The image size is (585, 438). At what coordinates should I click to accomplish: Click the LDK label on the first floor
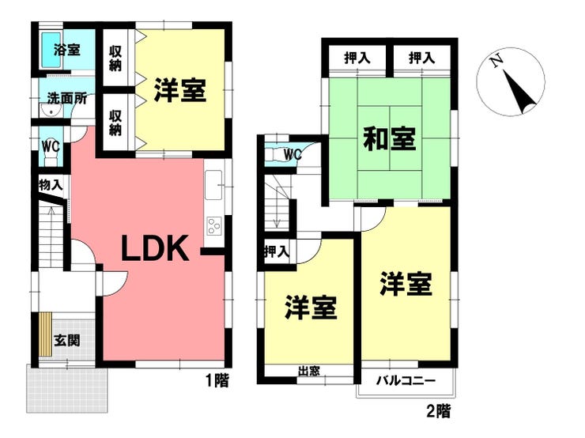155,248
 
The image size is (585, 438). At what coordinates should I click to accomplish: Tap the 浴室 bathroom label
66,50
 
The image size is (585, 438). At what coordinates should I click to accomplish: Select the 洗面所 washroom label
66,99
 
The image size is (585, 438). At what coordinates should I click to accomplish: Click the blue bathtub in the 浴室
51,50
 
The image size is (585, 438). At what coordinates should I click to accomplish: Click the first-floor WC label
51,146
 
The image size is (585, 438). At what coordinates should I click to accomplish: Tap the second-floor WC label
292,154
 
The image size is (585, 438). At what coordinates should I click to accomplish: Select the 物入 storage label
51,185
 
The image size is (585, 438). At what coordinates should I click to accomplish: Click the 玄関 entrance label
66,340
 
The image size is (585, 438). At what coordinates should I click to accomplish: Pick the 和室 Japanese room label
389,139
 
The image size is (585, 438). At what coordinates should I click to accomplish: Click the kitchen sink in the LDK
213,185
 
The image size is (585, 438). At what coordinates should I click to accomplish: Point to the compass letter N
496,61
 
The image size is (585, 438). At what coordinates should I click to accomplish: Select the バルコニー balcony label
406,381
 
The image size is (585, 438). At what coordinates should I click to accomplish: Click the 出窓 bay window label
309,372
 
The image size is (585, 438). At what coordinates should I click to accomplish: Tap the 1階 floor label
217,380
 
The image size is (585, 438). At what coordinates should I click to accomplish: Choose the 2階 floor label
439,411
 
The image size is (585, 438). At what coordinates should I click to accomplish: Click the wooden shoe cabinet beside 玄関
46,334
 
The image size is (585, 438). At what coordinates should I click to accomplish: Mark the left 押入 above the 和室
357,58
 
